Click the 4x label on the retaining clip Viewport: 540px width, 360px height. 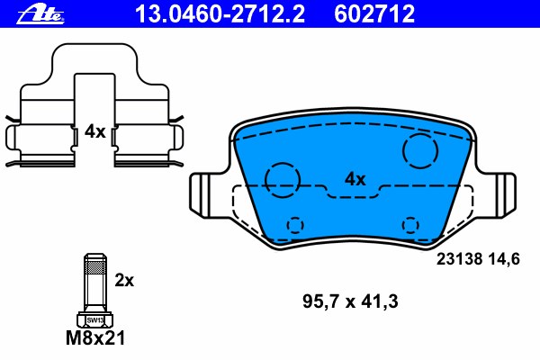click(x=94, y=131)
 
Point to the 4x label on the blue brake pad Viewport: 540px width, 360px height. click(x=355, y=179)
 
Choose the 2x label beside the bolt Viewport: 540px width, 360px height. click(x=124, y=280)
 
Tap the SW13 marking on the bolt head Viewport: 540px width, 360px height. click(x=94, y=319)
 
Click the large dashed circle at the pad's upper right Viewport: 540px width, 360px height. click(x=419, y=151)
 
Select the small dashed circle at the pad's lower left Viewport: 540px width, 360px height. click(x=294, y=224)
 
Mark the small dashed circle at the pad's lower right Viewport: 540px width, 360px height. click(x=410, y=224)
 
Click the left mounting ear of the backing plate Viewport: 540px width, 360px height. click(x=205, y=195)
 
